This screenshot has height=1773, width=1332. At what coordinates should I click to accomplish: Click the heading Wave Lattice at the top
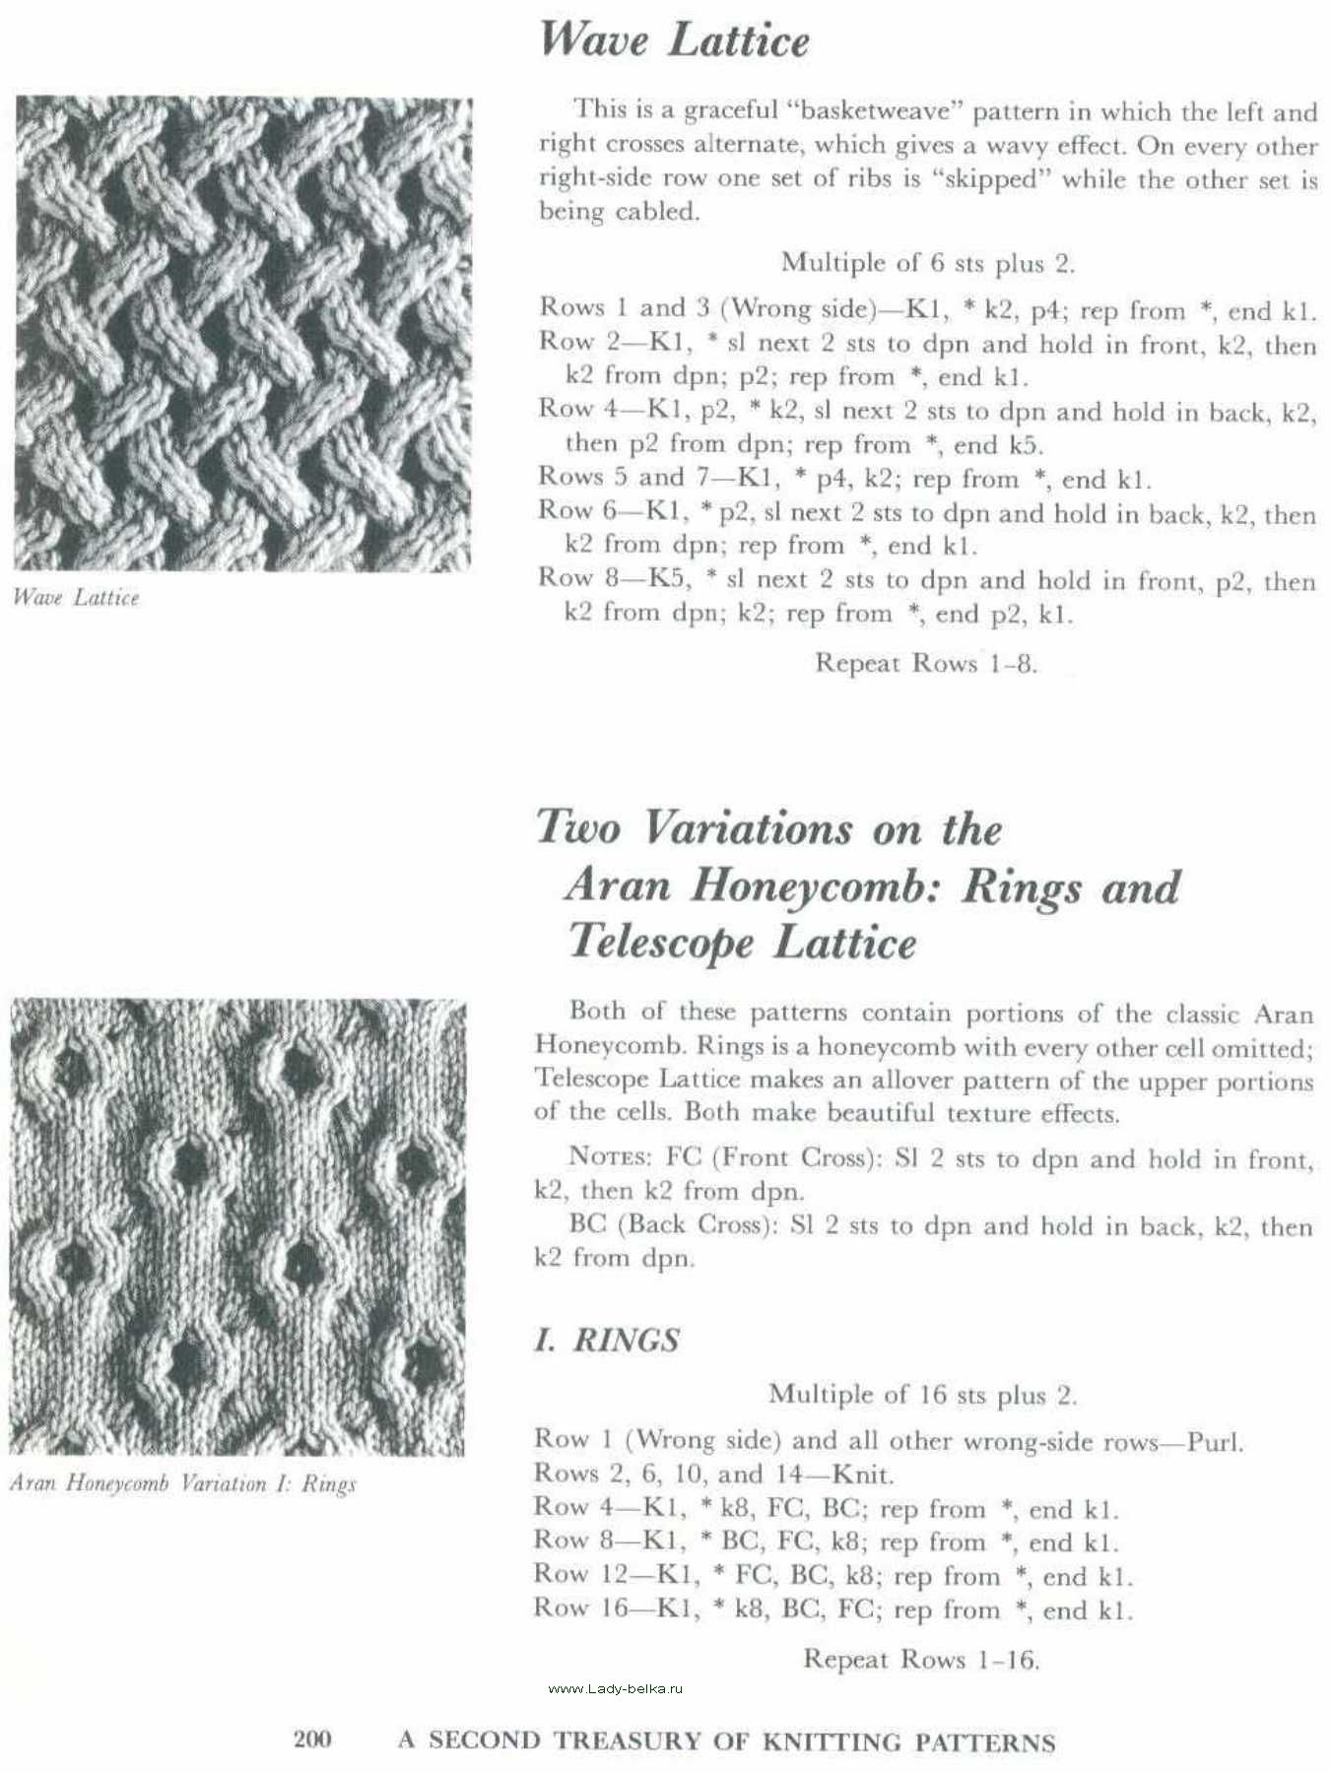(x=675, y=41)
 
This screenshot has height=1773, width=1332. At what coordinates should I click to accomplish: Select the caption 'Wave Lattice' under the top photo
(x=76, y=598)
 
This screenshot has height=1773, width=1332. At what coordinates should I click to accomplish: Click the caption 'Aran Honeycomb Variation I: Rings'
(x=182, y=1483)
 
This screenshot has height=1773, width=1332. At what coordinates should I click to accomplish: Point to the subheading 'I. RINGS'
(x=607, y=1341)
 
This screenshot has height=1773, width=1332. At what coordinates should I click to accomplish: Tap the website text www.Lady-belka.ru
(x=615, y=1688)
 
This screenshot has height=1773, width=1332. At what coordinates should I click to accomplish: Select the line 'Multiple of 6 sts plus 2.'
(x=927, y=263)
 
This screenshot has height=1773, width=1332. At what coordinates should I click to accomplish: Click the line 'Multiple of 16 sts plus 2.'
(x=922, y=1395)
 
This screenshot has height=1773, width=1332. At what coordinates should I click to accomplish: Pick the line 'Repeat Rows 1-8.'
(x=925, y=663)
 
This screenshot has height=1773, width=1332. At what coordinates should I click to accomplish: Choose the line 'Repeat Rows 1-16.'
(x=921, y=1659)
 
